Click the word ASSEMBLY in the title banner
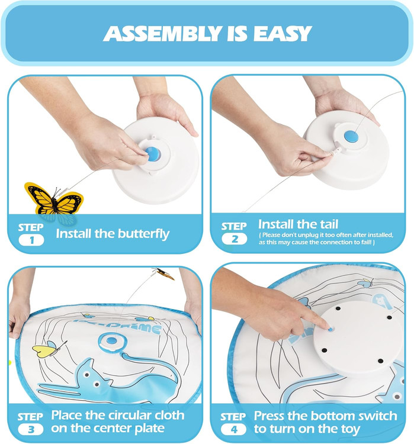pyautogui.click(x=163, y=33)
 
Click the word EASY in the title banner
pyautogui.click(x=283, y=33)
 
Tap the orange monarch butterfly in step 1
pyautogui.click(x=53, y=199)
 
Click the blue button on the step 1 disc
pyautogui.click(x=153, y=155)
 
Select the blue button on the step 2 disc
pyautogui.click(x=351, y=137)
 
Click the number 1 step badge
pyautogui.click(x=31, y=240)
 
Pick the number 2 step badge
pyautogui.click(x=235, y=239)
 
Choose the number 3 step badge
pyautogui.click(x=31, y=429)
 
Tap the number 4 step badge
pyautogui.click(x=233, y=429)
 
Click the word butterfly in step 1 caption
pyautogui.click(x=144, y=234)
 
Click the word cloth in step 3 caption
pyautogui.click(x=168, y=415)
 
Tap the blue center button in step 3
pyautogui.click(x=112, y=340)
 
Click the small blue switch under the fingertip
pyautogui.click(x=330, y=329)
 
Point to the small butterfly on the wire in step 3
pyautogui.click(x=163, y=274)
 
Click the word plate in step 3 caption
pyautogui.click(x=150, y=429)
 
